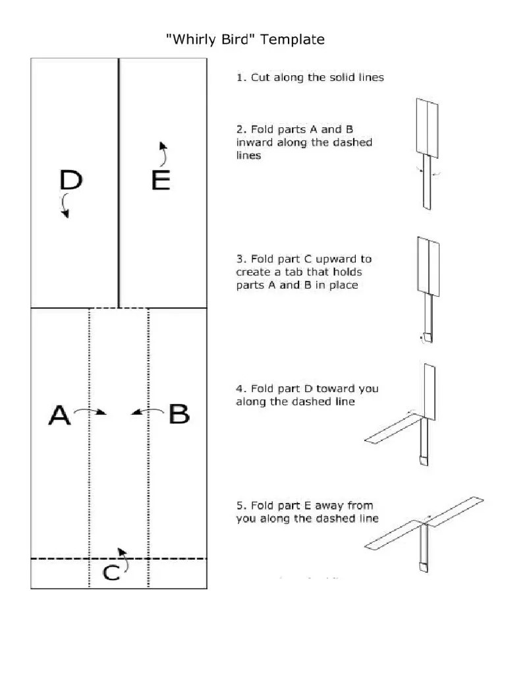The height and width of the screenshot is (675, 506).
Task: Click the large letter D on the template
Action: tap(71, 179)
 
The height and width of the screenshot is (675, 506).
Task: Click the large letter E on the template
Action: tap(161, 180)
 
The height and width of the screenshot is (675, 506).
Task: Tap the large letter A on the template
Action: tap(59, 415)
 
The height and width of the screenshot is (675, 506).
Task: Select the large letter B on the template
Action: tap(179, 415)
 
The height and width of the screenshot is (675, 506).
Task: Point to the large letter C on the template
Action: tap(112, 573)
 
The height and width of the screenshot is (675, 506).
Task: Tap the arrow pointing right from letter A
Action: tap(90, 412)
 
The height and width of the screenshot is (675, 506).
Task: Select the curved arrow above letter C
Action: tap(121, 554)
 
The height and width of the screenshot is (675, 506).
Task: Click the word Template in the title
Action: tap(293, 40)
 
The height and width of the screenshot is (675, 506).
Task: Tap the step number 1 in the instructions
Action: tap(240, 77)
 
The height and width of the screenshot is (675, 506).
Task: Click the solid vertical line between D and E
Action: tap(119, 183)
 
